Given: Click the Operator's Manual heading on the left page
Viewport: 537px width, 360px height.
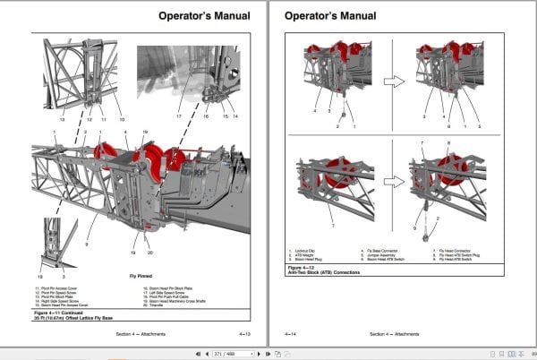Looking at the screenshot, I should click(205, 15).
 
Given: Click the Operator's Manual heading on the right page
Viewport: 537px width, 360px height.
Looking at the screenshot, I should click(328, 15).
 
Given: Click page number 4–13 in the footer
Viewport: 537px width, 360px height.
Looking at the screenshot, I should click(243, 334).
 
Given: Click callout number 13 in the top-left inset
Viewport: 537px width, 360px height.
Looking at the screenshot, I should click(62, 118).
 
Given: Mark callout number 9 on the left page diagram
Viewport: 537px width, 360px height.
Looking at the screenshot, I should click(88, 219).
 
